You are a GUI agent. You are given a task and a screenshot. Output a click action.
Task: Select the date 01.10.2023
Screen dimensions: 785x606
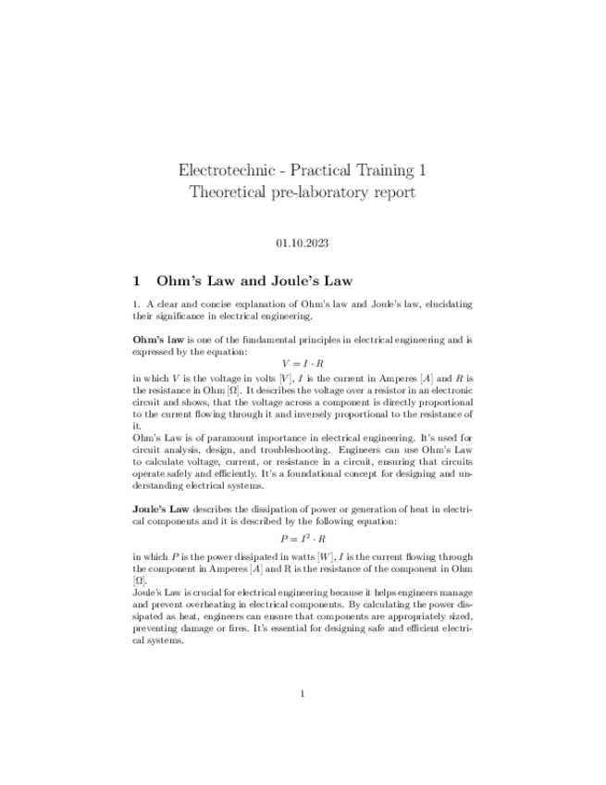[x=303, y=243]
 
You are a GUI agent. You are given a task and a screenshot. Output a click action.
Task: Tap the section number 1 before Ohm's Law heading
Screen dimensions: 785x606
[x=137, y=280]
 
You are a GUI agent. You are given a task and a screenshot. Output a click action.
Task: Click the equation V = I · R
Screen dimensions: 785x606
[x=303, y=364]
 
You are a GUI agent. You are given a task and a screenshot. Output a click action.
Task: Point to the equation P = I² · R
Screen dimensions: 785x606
[x=303, y=538]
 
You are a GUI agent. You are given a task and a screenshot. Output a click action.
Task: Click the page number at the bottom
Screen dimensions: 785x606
[x=303, y=693]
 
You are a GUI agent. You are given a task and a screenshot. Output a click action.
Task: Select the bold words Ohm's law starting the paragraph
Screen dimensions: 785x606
[x=157, y=341]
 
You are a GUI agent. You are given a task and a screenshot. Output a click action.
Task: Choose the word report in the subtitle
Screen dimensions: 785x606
[x=392, y=193]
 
